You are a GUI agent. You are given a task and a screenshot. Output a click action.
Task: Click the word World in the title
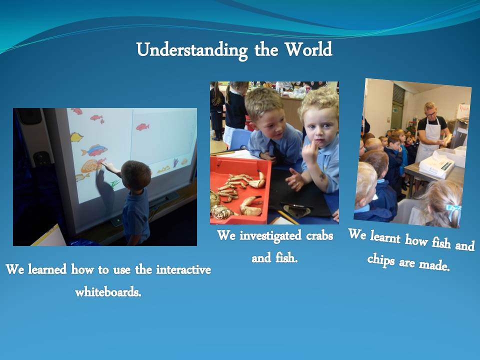coord(308,49)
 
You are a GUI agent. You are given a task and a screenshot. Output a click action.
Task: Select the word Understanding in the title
coord(192,50)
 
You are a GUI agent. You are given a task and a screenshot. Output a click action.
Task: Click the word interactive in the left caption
coord(183,269)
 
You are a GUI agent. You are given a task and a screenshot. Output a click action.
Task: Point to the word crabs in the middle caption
coord(319,235)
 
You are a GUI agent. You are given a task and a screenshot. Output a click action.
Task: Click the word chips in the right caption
coord(381,259)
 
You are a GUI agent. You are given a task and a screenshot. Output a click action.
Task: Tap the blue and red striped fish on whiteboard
coord(94,150)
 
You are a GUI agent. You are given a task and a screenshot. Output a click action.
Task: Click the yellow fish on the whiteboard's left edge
coord(76,137)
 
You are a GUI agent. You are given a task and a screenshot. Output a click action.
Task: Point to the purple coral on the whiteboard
coord(175,162)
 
